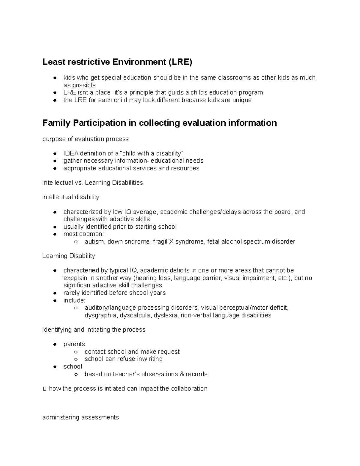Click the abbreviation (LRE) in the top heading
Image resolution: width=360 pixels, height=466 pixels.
[x=179, y=62]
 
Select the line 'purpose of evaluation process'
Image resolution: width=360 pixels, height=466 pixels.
[x=85, y=139]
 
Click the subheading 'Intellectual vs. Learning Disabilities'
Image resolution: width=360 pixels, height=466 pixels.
[x=92, y=183]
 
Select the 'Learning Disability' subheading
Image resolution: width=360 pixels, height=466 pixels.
[x=68, y=256]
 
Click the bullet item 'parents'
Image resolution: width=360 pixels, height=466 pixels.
[x=74, y=344]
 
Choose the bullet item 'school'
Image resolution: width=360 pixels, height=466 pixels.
[x=73, y=367]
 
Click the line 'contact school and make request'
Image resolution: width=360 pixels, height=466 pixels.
[x=132, y=352]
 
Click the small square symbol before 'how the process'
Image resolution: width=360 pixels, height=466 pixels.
[x=45, y=389]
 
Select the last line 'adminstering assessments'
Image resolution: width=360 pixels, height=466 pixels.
[x=80, y=417]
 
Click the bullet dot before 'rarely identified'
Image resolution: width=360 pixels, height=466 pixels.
[x=55, y=293]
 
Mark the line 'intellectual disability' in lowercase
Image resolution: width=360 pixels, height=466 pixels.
[x=70, y=197]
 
